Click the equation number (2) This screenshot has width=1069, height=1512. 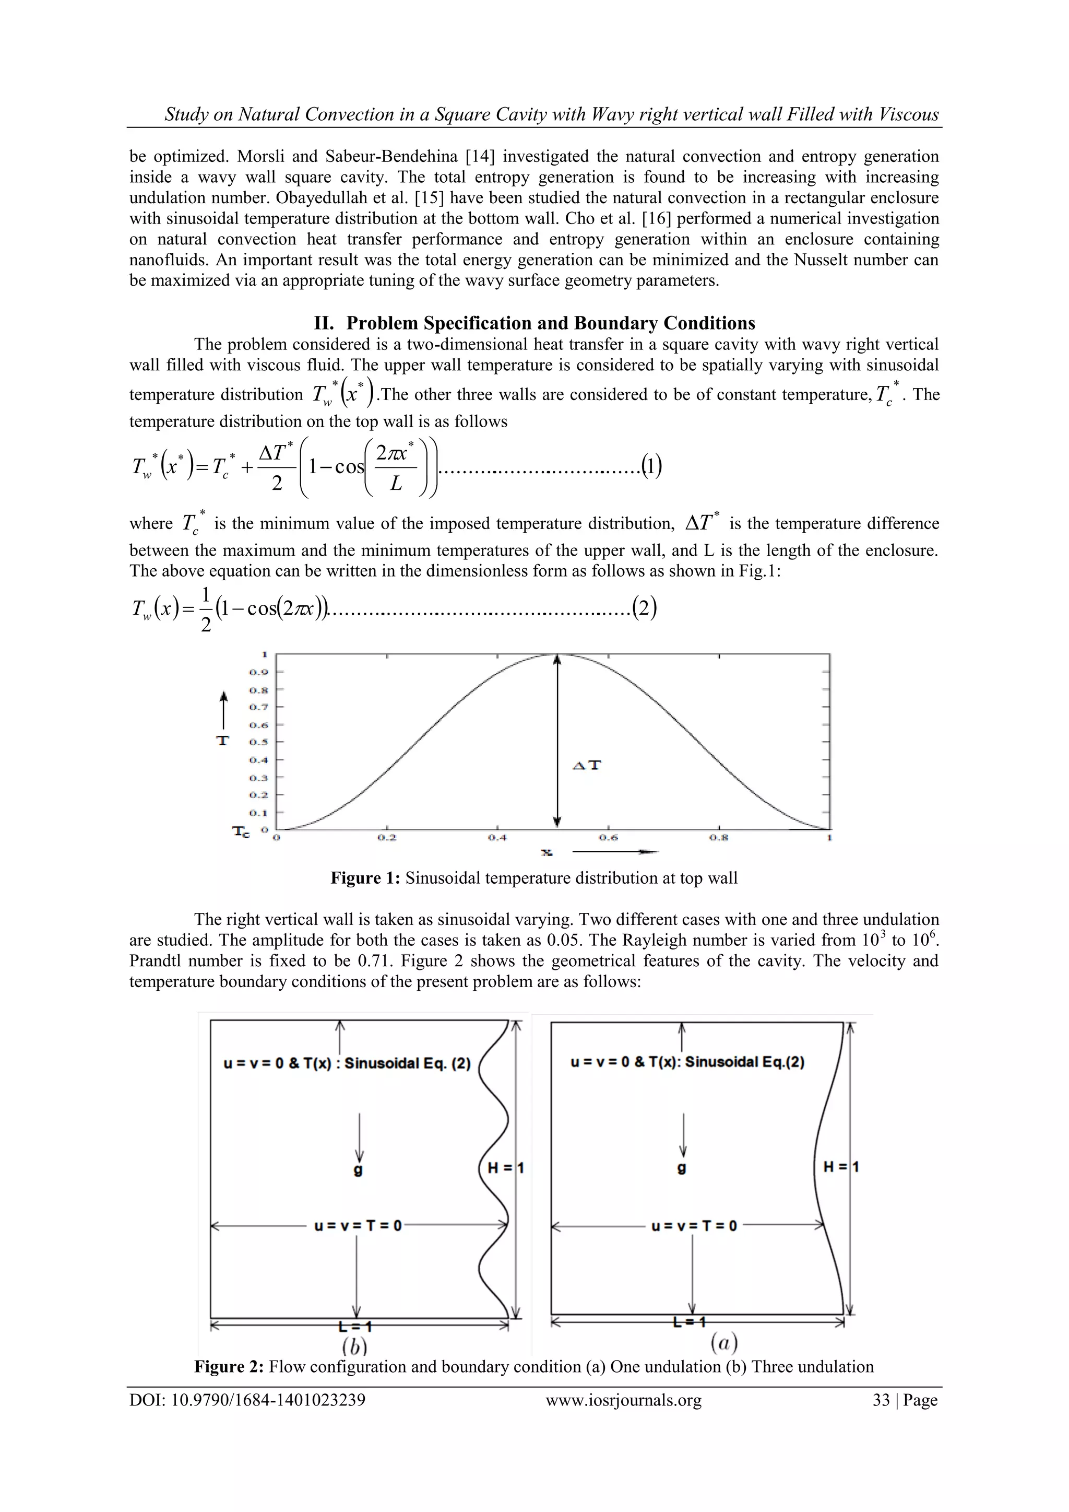click(x=645, y=607)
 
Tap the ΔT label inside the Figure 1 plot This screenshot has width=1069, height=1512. click(x=587, y=765)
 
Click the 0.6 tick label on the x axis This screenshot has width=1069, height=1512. click(x=608, y=838)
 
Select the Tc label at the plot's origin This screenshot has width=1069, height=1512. click(x=242, y=832)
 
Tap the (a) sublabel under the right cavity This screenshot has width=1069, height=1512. click(x=723, y=1342)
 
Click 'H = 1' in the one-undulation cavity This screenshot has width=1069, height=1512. click(x=840, y=1167)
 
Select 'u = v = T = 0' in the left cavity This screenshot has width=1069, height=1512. click(x=358, y=1226)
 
